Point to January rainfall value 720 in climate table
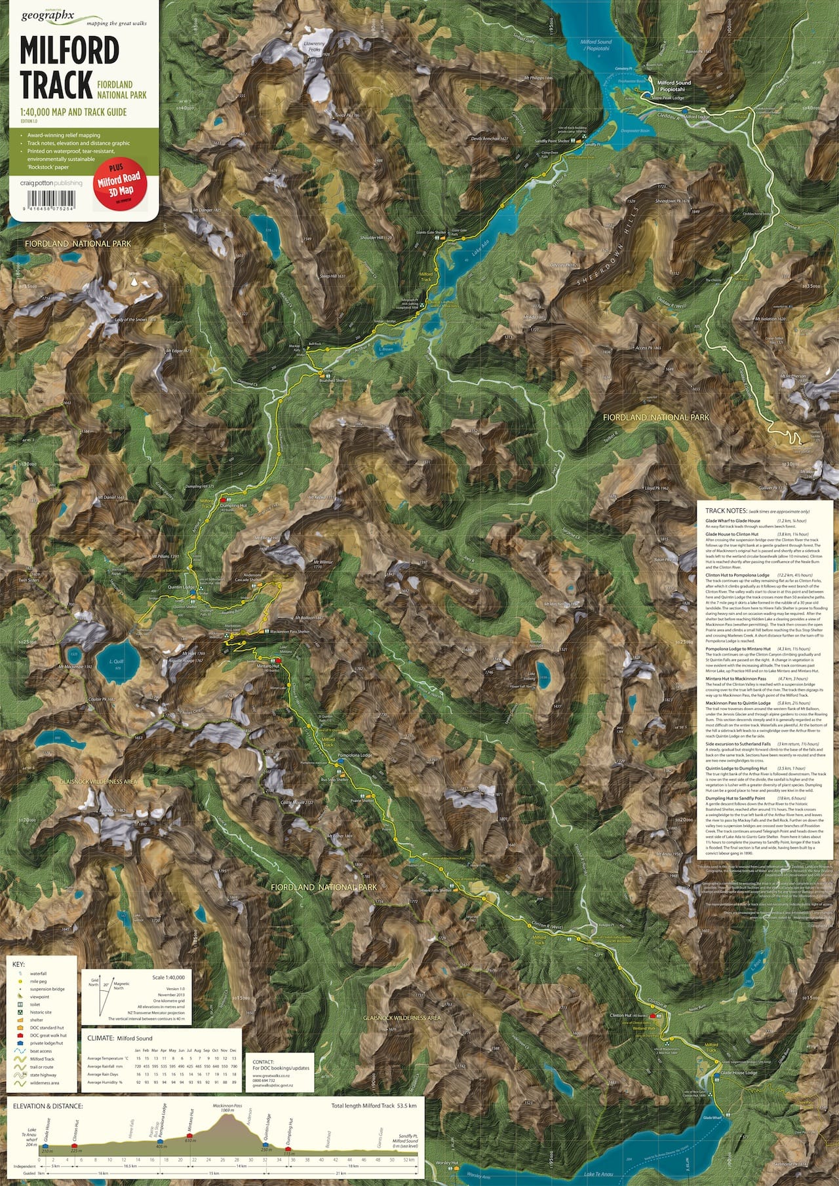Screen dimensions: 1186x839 pyautogui.click(x=138, y=1066)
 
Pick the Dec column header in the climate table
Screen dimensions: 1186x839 pyautogui.click(x=233, y=1049)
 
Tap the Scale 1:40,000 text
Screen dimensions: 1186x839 pyautogui.click(x=168, y=977)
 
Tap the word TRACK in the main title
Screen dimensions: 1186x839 pyautogui.click(x=56, y=84)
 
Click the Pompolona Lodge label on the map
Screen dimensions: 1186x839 pyautogui.click(x=355, y=755)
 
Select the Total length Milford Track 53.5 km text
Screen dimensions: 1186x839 pyautogui.click(x=374, y=1105)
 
